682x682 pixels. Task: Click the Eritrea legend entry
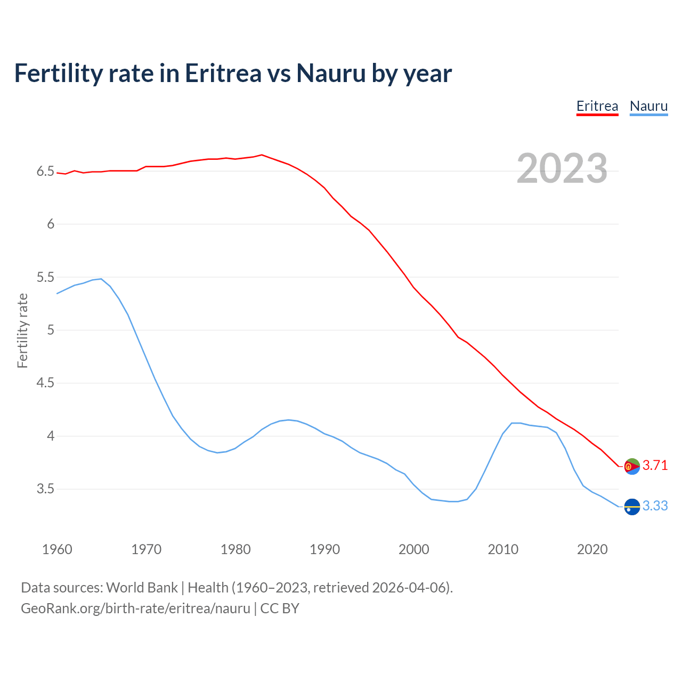click(x=597, y=106)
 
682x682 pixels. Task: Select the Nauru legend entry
click(x=648, y=106)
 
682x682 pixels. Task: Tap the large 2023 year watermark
click(x=562, y=168)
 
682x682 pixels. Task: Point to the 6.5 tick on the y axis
click(x=46, y=172)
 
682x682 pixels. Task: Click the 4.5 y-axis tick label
click(x=46, y=383)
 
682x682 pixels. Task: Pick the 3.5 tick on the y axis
click(x=46, y=489)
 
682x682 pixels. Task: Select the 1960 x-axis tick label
click(x=57, y=549)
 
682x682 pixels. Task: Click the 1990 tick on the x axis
click(x=324, y=549)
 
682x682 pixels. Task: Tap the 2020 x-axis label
click(x=592, y=549)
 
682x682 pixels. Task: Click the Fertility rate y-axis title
click(x=22, y=330)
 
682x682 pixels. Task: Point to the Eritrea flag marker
click(x=632, y=466)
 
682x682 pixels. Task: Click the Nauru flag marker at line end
click(x=632, y=507)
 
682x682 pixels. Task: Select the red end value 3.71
click(x=655, y=466)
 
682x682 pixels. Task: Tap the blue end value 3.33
click(x=655, y=506)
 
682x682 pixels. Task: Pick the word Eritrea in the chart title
click(x=223, y=73)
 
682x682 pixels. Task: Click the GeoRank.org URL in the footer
click(x=135, y=608)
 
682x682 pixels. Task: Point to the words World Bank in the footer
click(x=142, y=588)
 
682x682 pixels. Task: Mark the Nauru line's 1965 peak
click(x=101, y=279)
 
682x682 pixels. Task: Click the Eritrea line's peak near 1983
click(x=262, y=155)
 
